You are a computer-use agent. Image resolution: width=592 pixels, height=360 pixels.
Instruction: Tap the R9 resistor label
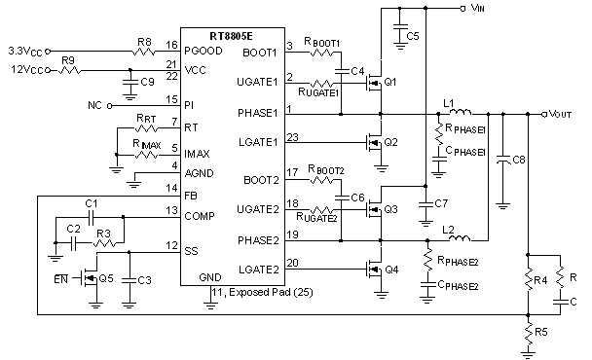68,60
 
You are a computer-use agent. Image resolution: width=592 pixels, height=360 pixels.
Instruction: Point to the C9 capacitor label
147,82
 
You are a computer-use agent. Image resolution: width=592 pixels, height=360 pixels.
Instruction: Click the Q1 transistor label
391,82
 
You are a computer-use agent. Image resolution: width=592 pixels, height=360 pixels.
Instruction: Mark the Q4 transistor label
391,270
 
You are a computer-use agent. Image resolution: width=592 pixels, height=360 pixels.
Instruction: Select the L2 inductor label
449,229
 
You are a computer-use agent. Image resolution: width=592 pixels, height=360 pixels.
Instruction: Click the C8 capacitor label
519,158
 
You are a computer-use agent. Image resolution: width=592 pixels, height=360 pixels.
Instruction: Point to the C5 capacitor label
413,36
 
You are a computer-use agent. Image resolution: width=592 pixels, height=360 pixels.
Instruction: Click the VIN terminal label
477,8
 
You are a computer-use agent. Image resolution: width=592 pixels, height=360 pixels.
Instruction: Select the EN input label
60,278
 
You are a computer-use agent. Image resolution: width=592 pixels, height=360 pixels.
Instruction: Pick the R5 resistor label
542,334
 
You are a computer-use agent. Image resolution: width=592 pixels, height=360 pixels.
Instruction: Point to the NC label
93,103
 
